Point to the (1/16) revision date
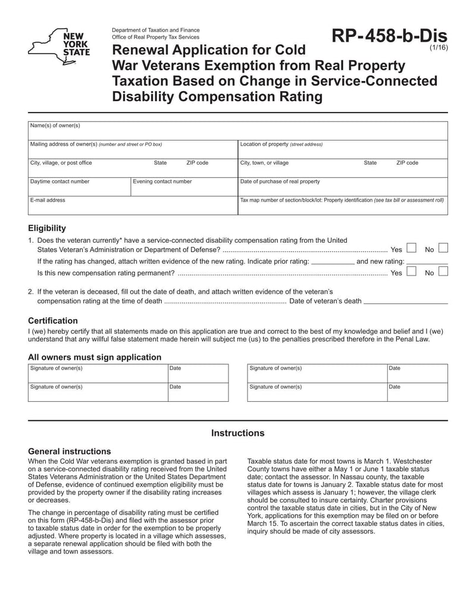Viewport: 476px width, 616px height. coord(438,52)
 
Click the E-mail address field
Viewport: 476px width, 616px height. coord(132,205)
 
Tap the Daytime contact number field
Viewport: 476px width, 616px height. coord(79,187)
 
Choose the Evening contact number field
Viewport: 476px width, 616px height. coord(183,187)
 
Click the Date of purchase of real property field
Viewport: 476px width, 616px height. coord(342,187)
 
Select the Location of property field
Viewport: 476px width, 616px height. coord(342,149)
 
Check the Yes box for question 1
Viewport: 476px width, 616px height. coord(411,248)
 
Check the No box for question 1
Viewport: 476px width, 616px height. coord(443,248)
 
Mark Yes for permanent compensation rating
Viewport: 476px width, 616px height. coord(411,272)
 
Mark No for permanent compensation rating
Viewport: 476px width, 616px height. coord(443,272)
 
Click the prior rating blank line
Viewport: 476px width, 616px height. coord(333,261)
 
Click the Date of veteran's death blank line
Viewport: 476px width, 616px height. coord(405,301)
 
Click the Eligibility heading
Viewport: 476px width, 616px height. coord(47,228)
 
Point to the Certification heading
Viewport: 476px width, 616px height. coord(53,320)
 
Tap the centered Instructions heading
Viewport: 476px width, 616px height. coord(237,433)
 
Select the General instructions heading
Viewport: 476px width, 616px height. coord(69,451)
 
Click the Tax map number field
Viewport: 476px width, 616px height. coord(342,206)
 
